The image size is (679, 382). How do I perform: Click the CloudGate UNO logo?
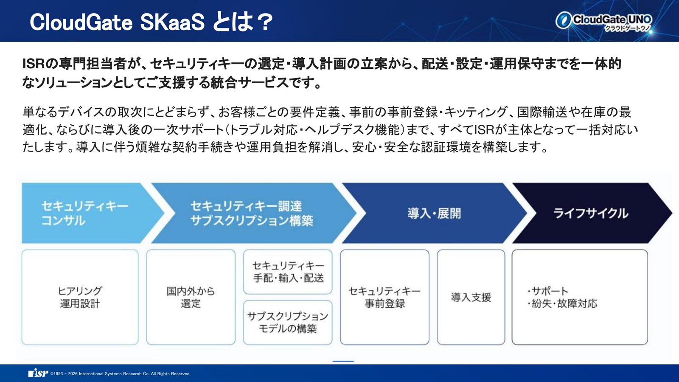[x=603, y=22]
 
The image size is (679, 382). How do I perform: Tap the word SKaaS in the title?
[x=172, y=22]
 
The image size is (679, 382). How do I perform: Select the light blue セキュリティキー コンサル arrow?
[x=88, y=213]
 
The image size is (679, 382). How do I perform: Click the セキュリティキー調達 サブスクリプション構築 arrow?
[x=252, y=213]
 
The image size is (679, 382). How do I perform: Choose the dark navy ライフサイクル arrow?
[x=591, y=213]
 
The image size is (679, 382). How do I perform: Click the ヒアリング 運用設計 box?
[x=80, y=297]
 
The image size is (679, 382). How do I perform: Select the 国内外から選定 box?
[x=191, y=297]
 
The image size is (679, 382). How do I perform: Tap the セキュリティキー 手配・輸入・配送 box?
[x=288, y=272]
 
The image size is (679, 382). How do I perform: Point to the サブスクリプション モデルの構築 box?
[x=288, y=322]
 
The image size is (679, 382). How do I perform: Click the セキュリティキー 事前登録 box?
[x=384, y=297]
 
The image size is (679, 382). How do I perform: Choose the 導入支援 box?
[x=471, y=297]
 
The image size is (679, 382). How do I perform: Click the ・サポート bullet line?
[x=547, y=291]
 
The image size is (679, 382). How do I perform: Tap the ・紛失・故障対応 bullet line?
[x=562, y=303]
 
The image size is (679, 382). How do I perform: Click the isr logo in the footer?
[x=38, y=373]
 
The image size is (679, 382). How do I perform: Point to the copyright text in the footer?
[x=121, y=374]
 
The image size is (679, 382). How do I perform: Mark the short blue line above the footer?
[x=343, y=361]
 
